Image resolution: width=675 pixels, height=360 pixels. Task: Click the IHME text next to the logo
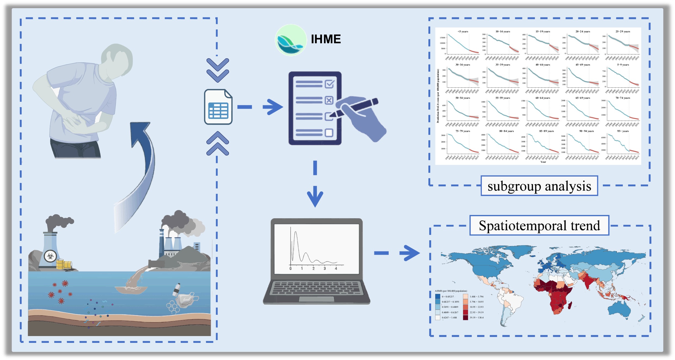(x=326, y=39)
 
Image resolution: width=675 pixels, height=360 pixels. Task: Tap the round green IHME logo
(x=290, y=40)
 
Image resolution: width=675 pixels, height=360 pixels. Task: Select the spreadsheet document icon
(x=218, y=107)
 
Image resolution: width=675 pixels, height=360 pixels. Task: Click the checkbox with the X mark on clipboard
(x=329, y=100)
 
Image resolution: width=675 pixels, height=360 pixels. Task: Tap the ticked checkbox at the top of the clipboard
(x=329, y=84)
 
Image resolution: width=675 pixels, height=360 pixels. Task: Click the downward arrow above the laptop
(x=315, y=196)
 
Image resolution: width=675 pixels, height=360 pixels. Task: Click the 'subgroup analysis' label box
(x=539, y=186)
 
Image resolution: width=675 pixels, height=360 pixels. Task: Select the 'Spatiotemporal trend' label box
(x=539, y=226)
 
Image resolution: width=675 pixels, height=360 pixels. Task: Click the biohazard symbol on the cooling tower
(x=50, y=256)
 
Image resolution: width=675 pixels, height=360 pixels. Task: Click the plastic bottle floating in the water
(x=177, y=290)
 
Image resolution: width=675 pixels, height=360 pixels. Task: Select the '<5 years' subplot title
(x=463, y=32)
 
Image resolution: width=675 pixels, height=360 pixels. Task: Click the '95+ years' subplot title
(x=623, y=131)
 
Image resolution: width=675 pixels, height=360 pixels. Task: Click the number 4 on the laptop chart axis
(x=336, y=269)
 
